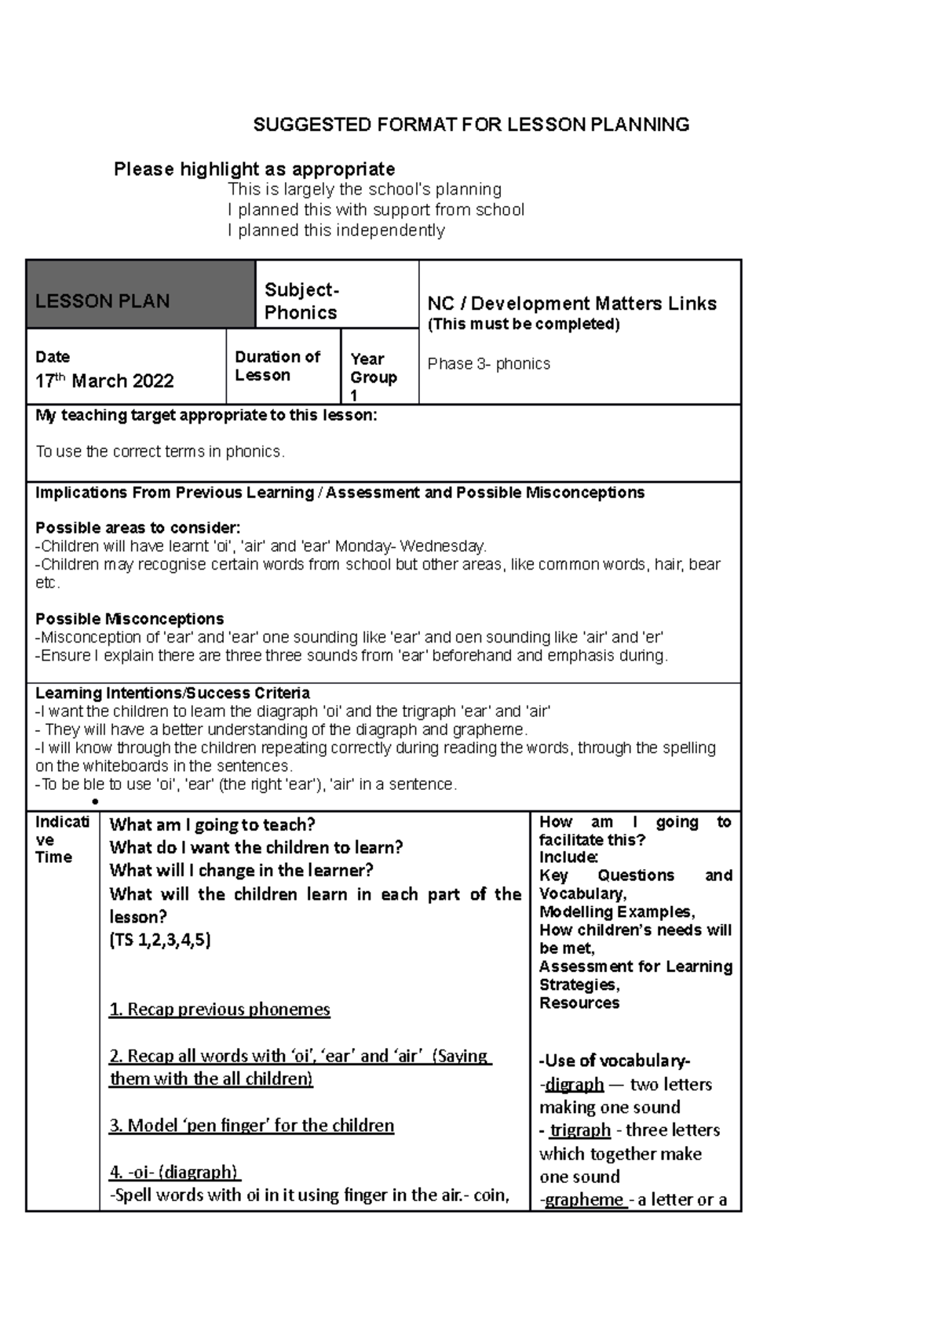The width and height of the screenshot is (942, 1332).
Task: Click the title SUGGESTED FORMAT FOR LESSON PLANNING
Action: click(470, 125)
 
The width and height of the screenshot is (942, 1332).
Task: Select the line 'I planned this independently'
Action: click(336, 231)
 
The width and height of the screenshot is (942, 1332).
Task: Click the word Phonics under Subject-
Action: click(301, 313)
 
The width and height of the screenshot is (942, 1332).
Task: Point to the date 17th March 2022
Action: click(104, 381)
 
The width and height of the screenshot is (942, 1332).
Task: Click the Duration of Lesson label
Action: click(277, 366)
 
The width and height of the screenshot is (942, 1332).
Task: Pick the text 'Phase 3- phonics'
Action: click(488, 364)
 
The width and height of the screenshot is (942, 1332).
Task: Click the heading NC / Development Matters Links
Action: click(571, 304)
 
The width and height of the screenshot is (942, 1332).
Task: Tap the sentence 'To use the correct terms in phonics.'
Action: click(160, 452)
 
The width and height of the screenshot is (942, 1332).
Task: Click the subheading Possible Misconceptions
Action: click(130, 619)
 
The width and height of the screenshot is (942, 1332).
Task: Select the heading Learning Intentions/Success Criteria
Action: click(173, 693)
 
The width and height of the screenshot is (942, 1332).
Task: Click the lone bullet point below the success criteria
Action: click(94, 802)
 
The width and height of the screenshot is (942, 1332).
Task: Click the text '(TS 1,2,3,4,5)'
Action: click(160, 940)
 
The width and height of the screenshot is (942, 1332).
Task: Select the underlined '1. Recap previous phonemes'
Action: click(220, 1010)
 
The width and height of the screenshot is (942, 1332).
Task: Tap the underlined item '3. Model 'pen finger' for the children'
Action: click(251, 1126)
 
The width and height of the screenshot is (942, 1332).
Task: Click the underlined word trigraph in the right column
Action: click(580, 1130)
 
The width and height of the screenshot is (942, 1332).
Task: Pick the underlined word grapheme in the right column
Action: click(585, 1200)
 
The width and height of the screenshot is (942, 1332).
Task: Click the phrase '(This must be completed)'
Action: click(523, 325)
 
